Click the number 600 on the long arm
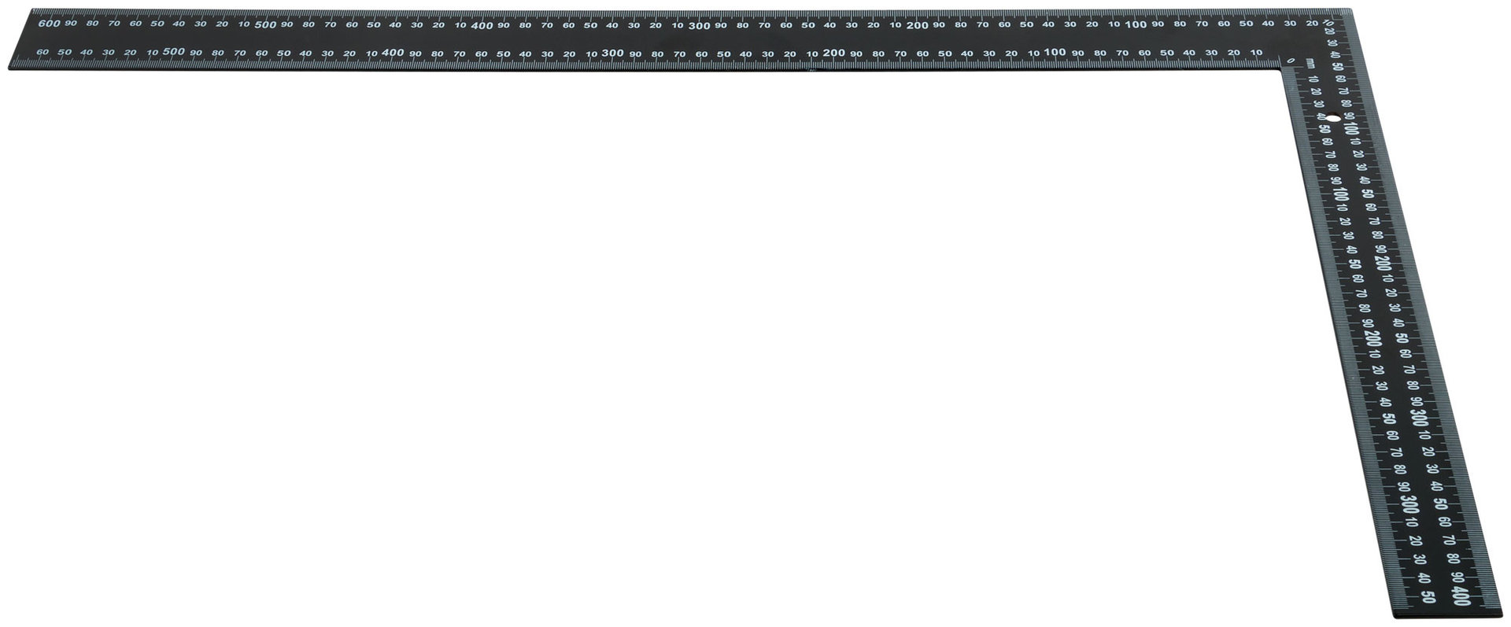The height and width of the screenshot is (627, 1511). tap(49, 24)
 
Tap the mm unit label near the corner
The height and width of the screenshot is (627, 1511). tap(1310, 63)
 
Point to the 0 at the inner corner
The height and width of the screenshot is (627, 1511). tap(1291, 60)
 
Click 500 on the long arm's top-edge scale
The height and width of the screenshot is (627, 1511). tap(265, 24)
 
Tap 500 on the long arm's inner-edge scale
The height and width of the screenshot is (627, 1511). tap(174, 52)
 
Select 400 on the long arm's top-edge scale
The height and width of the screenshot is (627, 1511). tap(482, 25)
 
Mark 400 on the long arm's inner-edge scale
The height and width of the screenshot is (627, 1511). tap(393, 53)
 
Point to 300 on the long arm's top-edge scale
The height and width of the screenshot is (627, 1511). tap(699, 25)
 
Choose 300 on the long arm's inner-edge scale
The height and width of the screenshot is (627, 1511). tap(612, 53)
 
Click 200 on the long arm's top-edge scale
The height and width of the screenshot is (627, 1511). tap(917, 25)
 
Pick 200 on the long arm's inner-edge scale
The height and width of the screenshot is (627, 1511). tap(833, 53)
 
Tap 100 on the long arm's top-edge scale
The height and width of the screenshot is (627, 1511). tap(1135, 25)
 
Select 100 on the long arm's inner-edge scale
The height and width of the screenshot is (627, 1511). tap(1055, 53)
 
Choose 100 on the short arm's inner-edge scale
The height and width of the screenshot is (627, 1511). tap(1340, 195)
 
